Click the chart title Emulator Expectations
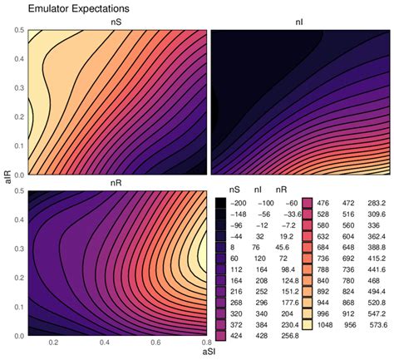(71, 8)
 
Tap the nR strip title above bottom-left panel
(116, 184)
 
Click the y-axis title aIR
(7, 182)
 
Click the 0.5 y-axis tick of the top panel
(18, 31)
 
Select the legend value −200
(237, 202)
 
